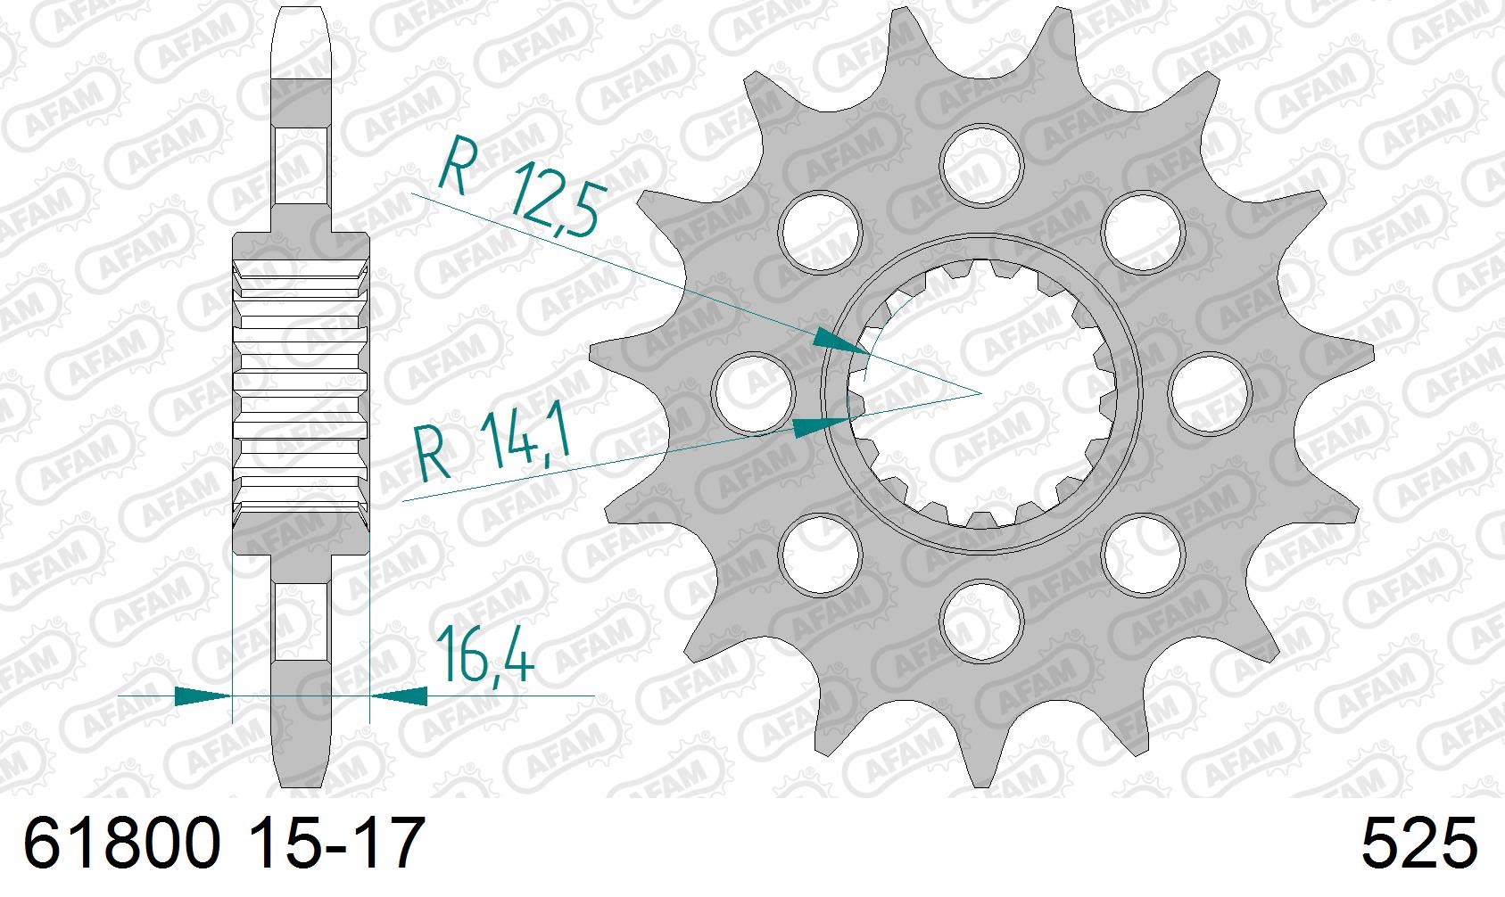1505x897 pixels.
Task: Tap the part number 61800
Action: pyautogui.click(x=121, y=845)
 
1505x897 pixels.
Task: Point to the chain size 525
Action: pyautogui.click(x=1418, y=845)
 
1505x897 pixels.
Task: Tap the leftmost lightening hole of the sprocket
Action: pyautogui.click(x=755, y=391)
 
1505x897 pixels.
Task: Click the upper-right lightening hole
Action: pyautogui.click(x=1142, y=230)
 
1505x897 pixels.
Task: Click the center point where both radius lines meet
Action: pyautogui.click(x=981, y=392)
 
